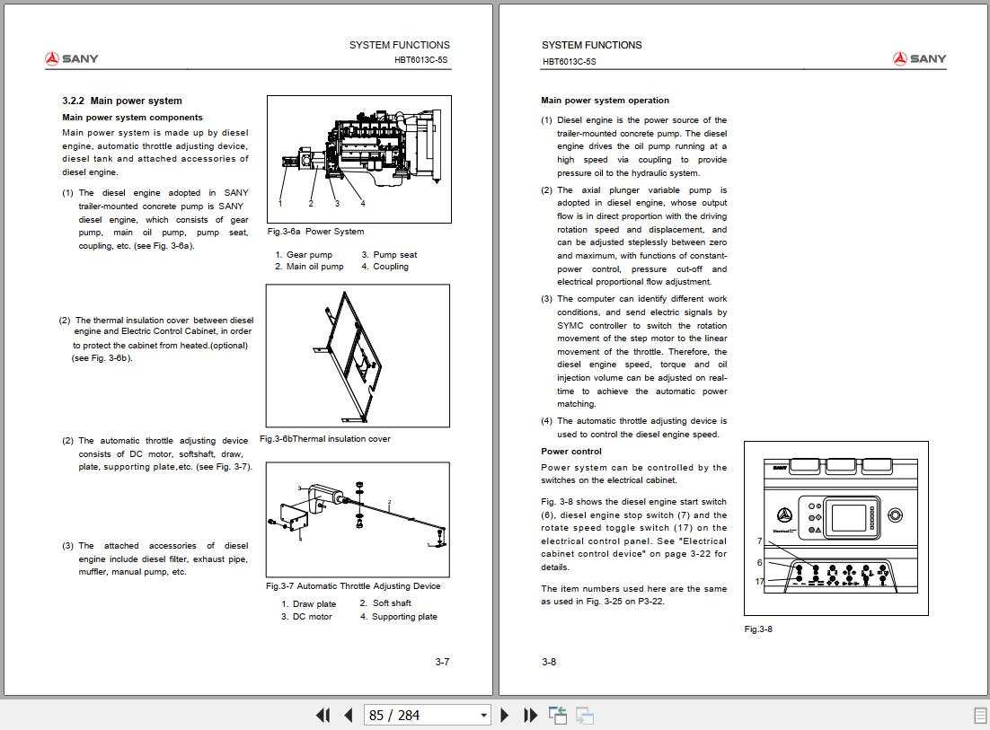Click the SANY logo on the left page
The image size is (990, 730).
pos(72,59)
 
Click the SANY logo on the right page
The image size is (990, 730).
pos(919,59)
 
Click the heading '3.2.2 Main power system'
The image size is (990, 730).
pos(121,101)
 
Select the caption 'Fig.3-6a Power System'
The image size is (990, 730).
pos(315,232)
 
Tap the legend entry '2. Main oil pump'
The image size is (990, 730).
pos(309,267)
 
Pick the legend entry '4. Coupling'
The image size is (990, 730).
pos(385,267)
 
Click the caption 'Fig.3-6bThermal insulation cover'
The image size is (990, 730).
pos(325,439)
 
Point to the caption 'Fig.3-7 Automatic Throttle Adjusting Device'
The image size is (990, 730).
pos(353,586)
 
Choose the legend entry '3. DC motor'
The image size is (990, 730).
pos(306,617)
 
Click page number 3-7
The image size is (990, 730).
pos(442,663)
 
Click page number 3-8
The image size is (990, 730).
pos(549,663)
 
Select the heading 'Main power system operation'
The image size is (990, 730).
pos(605,101)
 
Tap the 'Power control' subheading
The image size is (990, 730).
pos(571,452)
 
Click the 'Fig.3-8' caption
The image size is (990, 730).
pos(758,629)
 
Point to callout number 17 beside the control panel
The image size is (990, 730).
pos(760,582)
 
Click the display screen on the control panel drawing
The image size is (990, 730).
pos(848,518)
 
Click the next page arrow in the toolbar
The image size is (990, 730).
pos(504,716)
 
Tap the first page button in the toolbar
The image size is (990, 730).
pos(323,716)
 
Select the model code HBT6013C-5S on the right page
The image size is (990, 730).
pos(569,62)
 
